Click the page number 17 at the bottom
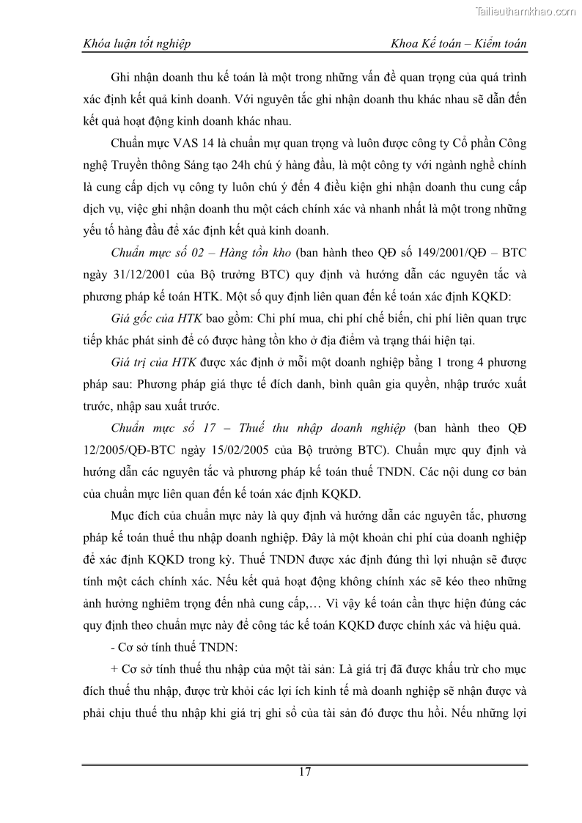tap(306, 772)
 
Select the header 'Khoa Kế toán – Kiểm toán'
tap(460, 44)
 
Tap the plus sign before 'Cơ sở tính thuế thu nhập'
tap(115, 670)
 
